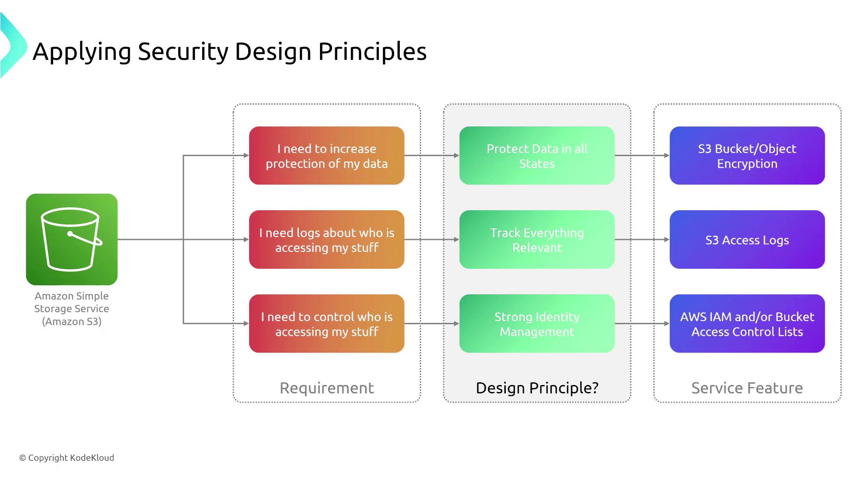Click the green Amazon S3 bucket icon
[72, 239]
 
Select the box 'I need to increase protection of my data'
[327, 156]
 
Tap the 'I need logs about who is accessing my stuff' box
[327, 239]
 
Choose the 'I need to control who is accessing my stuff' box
[327, 324]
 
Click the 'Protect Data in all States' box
[537, 156]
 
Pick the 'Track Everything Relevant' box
[537, 239]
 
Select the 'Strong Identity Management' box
[537, 324]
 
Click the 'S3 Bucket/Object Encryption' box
[747, 156]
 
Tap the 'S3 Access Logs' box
[747, 239]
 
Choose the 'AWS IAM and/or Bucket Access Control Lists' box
[747, 324]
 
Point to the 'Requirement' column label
[327, 388]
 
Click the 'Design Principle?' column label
[537, 389]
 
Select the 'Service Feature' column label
[747, 388]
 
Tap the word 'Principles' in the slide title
[372, 52]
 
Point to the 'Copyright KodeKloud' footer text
[66, 458]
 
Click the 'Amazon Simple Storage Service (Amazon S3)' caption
[72, 309]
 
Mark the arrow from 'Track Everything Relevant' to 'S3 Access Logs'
[642, 239]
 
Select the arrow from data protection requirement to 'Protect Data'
[432, 156]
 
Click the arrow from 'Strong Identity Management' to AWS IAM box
[642, 324]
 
